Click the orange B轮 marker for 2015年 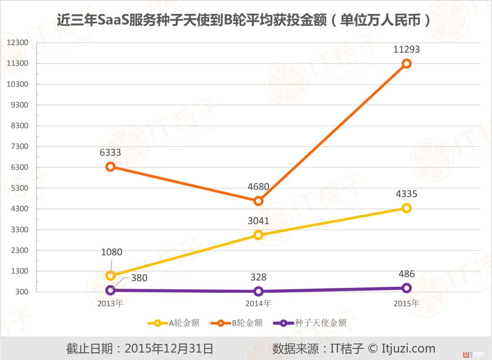point(406,63)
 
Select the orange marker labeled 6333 point(110,166)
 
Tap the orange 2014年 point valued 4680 point(258,201)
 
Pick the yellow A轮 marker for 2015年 point(406,208)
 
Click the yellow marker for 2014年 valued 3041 point(258,235)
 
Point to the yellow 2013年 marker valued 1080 point(110,275)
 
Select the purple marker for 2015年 point(406,288)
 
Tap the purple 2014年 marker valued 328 point(258,291)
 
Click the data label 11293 point(406,50)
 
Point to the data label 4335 point(406,194)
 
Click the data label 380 point(139,277)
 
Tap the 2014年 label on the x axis point(258,303)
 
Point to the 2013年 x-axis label point(110,303)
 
